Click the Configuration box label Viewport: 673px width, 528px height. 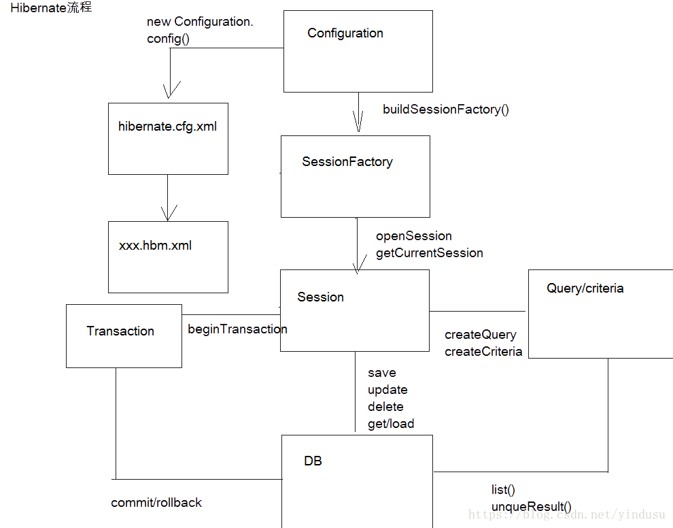point(345,33)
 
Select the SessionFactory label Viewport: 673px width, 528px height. point(347,162)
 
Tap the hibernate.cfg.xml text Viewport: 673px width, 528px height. point(167,127)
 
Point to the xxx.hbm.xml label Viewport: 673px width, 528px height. point(155,246)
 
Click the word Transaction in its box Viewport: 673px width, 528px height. point(120,331)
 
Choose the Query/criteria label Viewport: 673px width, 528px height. point(585,288)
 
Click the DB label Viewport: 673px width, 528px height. point(313,461)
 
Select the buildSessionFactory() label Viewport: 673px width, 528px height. point(445,110)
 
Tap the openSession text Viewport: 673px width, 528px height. point(413,236)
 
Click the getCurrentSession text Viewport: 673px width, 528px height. point(429,253)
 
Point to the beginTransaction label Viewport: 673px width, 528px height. point(237,329)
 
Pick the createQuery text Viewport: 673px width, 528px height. point(480,335)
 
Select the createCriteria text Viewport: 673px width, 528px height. point(483,352)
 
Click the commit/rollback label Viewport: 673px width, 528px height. point(156,503)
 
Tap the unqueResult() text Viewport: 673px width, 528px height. point(531,507)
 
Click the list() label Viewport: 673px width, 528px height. point(503,490)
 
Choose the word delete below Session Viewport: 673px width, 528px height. point(385,407)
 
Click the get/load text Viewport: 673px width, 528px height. point(391,424)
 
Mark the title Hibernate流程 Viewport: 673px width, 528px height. point(51,8)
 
